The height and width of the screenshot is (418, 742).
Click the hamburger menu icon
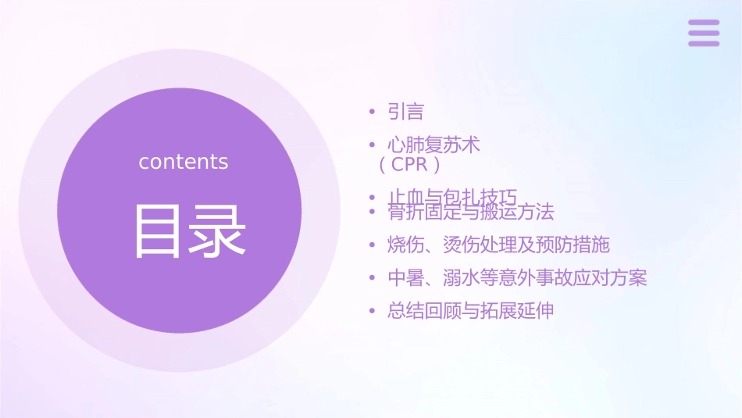pos(704,33)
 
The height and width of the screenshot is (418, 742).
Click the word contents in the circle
pos(184,162)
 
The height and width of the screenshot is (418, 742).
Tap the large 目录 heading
pos(190,231)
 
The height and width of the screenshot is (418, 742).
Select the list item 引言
pos(405,112)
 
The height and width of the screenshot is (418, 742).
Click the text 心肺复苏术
pos(433,145)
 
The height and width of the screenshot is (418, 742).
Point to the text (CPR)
pos(410,165)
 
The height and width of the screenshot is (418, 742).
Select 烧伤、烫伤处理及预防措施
pos(498,245)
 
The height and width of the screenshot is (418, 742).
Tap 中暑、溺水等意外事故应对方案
pos(517,277)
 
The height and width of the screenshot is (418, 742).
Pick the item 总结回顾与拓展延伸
pos(471,310)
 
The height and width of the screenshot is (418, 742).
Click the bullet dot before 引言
pos(373,113)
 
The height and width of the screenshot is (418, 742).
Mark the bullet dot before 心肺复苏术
pos(373,145)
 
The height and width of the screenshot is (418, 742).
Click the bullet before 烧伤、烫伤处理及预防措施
pos(373,245)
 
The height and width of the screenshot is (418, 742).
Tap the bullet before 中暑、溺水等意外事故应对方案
pos(373,278)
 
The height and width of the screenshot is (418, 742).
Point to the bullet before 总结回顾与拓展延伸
pos(373,311)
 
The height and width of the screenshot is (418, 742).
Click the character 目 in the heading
pos(159,231)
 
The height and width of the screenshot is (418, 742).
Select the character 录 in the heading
pos(219,231)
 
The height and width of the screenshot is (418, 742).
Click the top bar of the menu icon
pos(704,23)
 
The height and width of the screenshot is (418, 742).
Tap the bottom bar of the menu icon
pos(704,43)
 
